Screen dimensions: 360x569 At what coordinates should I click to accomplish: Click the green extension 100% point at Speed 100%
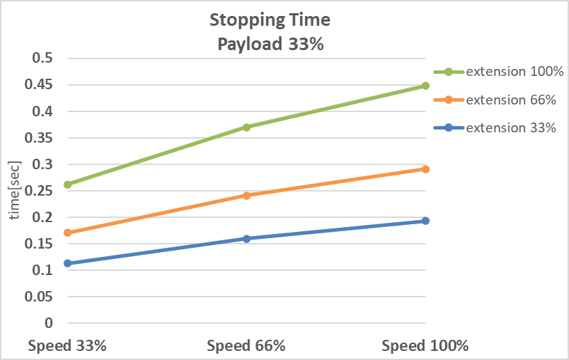(x=426, y=86)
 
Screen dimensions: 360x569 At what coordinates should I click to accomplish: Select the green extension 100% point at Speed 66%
(x=247, y=127)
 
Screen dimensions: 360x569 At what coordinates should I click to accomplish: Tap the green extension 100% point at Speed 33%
(x=68, y=185)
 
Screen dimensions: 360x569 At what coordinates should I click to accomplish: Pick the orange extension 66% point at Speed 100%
(x=426, y=169)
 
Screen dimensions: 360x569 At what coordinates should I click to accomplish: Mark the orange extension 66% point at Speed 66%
(x=247, y=196)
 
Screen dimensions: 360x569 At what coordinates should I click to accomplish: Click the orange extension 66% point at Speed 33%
(x=68, y=233)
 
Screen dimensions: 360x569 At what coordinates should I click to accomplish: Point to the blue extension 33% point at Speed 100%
(x=426, y=221)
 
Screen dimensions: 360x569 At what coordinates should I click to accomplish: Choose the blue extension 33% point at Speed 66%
(x=247, y=239)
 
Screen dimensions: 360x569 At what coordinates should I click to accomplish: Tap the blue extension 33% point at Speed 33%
(x=68, y=263)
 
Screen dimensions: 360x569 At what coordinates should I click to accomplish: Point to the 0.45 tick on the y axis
(x=40, y=85)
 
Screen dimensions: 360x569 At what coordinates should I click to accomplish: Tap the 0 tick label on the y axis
(x=49, y=323)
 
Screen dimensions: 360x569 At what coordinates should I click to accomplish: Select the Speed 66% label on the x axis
(x=247, y=345)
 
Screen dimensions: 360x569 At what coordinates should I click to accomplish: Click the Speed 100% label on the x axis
(x=426, y=345)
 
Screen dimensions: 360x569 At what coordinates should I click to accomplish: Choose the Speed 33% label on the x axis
(x=68, y=345)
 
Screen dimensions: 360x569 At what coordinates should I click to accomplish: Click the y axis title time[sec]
(x=15, y=190)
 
